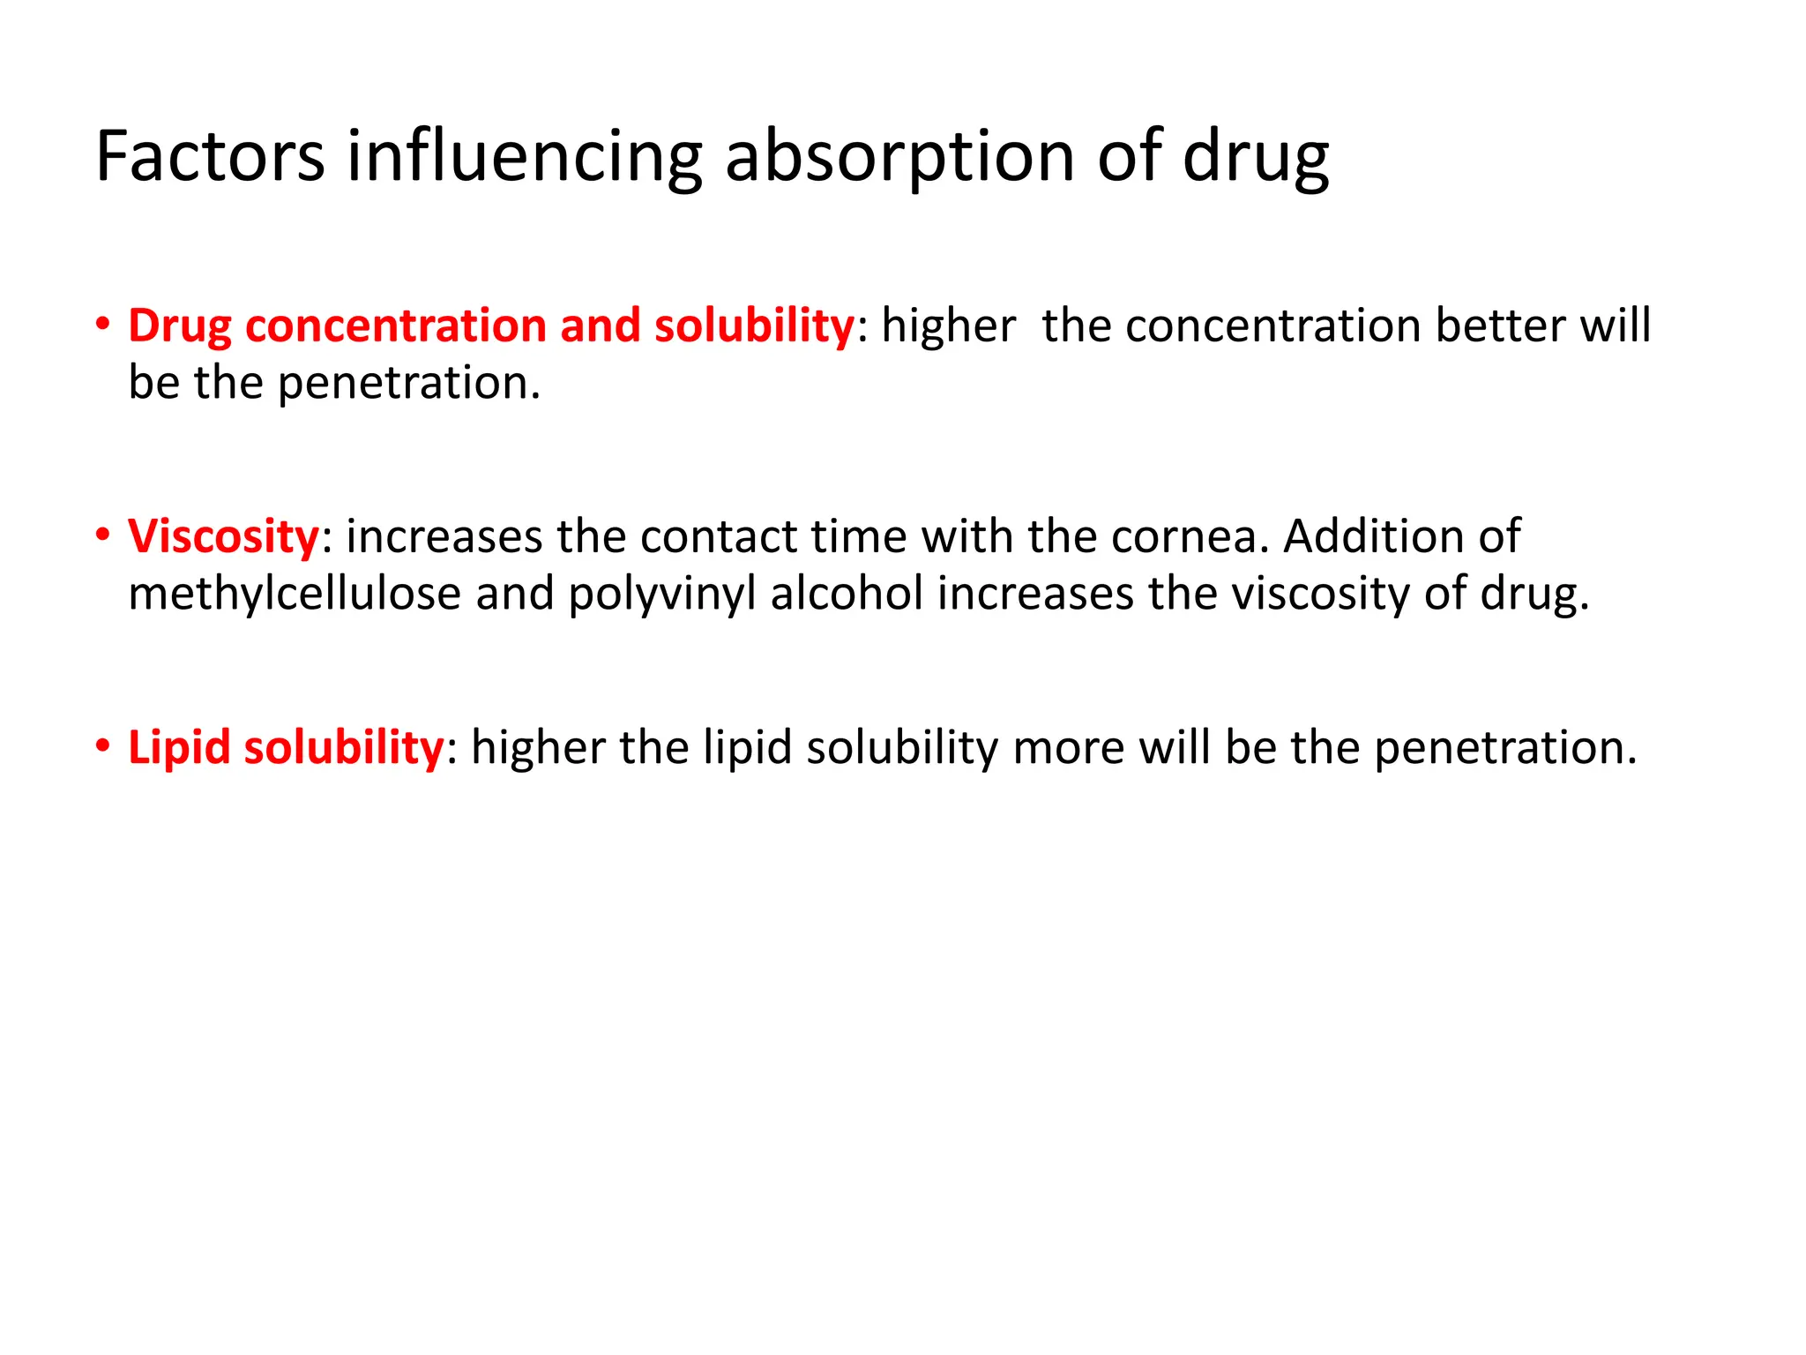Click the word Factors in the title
coord(210,157)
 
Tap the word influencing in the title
coord(524,157)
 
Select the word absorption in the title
coord(899,157)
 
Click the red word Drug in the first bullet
coord(180,326)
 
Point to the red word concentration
coord(396,326)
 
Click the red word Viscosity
coord(223,537)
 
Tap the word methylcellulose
coord(295,594)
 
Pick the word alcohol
coord(847,594)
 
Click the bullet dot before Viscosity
coord(103,535)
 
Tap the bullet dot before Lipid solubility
coord(103,746)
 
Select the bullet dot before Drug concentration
coord(103,325)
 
